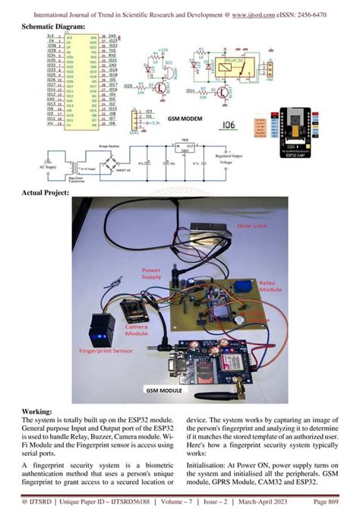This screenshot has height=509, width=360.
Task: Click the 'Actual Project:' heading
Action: (49, 192)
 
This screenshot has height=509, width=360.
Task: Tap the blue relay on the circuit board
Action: (245, 286)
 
